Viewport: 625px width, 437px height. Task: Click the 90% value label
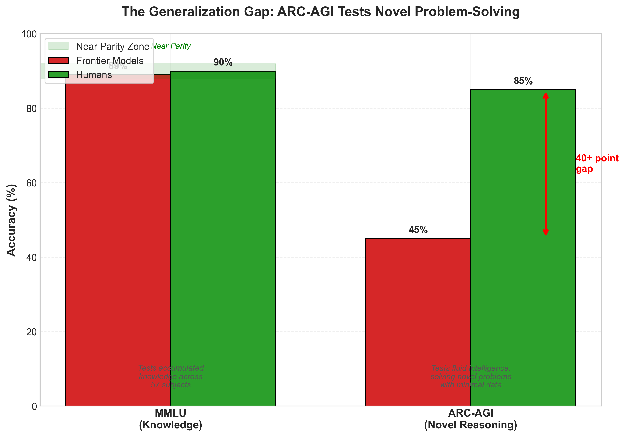coord(223,62)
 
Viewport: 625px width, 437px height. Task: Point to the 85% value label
coord(523,81)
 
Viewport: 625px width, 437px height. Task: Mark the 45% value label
coord(418,230)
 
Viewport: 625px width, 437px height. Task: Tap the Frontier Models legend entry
coord(109,61)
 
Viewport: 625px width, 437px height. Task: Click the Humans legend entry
coord(94,75)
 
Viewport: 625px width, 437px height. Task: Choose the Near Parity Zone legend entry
coord(112,47)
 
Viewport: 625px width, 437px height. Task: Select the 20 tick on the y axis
coord(32,332)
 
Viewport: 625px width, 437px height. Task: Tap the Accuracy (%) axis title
coord(11,220)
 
